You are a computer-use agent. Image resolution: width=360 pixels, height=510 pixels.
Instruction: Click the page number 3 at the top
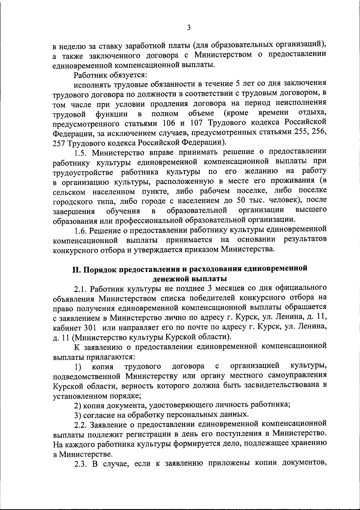point(188,28)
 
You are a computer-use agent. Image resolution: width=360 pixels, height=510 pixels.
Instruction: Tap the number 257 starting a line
point(59,142)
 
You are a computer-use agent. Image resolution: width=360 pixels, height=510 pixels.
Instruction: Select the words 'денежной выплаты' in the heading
point(189,279)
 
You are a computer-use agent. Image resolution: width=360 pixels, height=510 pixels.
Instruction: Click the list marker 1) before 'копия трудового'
point(78,366)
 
